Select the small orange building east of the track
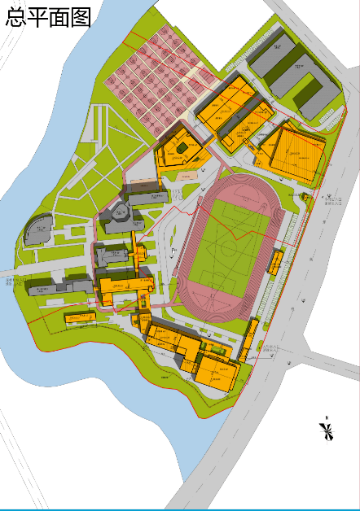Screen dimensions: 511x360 276,261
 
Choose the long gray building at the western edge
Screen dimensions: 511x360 61,286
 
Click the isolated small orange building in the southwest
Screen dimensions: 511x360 80,317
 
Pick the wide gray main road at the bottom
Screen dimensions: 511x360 220,464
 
